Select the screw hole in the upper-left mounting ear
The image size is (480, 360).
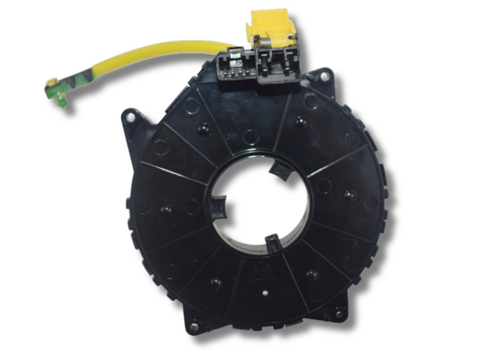pos(131,116)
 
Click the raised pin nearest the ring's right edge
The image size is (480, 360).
pos(347,195)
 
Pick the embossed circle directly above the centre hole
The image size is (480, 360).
pos(251,136)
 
